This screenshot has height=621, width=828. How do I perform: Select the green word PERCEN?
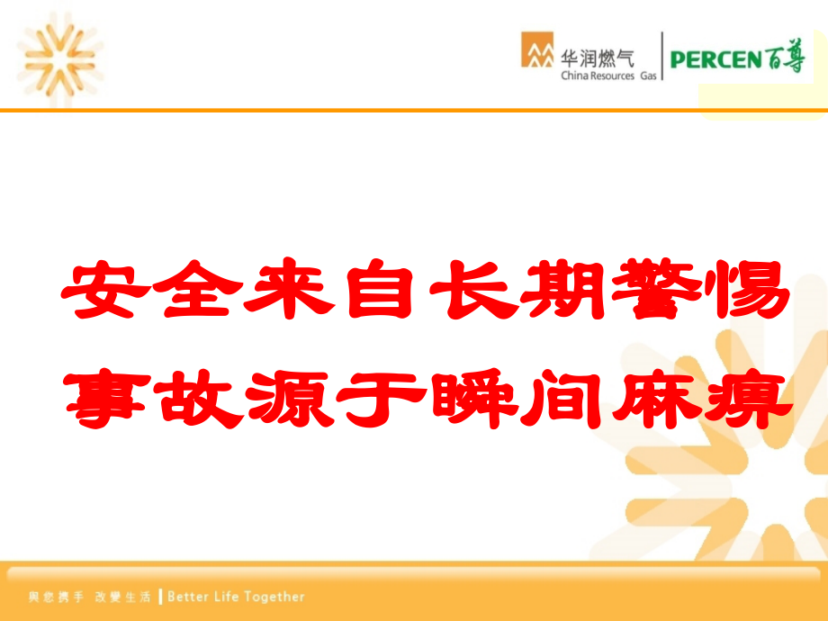click(715, 60)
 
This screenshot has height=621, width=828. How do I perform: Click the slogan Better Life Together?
click(237, 596)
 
